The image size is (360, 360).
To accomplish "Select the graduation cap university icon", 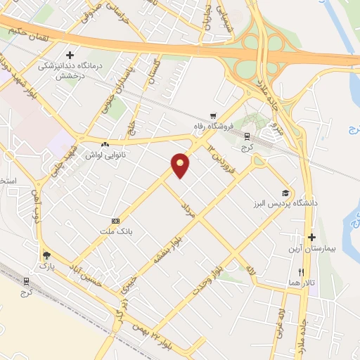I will coord(285,193).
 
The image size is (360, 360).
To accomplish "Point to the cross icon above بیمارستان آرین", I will coord(311,238).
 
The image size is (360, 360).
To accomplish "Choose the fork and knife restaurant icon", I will coord(301,271).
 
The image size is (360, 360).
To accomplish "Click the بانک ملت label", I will coord(115,230).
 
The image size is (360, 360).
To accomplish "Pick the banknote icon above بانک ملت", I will coord(115,219).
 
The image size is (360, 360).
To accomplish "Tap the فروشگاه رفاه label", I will coord(213,127).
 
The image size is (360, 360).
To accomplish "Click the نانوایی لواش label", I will coord(105,154).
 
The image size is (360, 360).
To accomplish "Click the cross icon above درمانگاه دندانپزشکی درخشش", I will coord(70,54).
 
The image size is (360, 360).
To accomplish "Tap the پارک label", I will coord(46,266).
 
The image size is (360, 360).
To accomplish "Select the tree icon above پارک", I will coord(46,256).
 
